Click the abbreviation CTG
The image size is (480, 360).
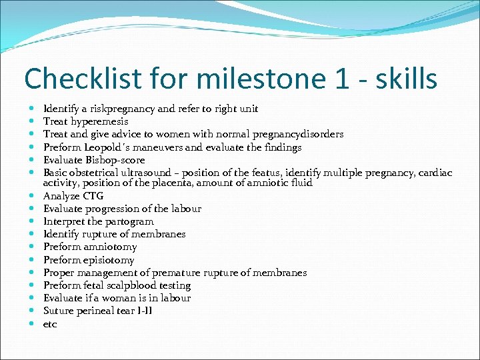tap(93, 196)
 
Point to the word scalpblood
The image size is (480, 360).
tap(126, 285)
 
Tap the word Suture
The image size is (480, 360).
tap(58, 311)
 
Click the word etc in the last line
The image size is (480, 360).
tap(50, 324)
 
